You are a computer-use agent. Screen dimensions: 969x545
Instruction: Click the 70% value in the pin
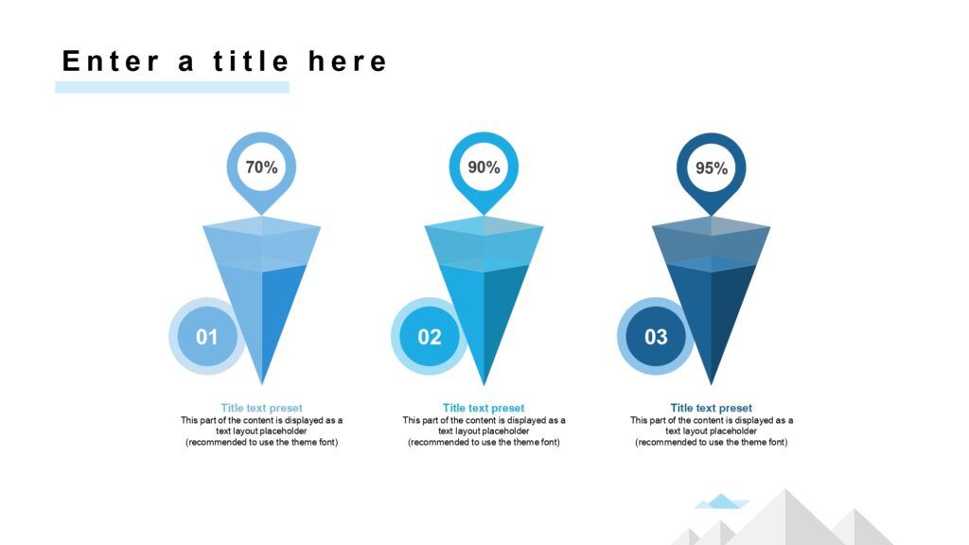point(261,167)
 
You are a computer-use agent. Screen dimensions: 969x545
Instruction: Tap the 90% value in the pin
point(484,167)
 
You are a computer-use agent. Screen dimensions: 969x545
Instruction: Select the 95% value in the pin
point(712,168)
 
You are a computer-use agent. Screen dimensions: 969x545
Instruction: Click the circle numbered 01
point(207,336)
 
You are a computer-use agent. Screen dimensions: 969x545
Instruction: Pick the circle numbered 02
point(430,336)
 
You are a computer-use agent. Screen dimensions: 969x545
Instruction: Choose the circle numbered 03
point(656,336)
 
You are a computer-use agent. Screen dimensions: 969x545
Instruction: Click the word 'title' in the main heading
point(251,62)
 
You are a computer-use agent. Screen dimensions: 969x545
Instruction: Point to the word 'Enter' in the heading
point(112,62)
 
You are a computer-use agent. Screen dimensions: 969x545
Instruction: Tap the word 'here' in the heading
point(347,62)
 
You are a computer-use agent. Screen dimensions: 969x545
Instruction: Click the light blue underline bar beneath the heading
point(172,87)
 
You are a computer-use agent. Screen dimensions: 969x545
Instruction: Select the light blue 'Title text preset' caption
point(261,408)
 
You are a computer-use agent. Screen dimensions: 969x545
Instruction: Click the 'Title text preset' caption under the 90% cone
point(484,408)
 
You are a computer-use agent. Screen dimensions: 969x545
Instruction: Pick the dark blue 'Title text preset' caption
point(712,408)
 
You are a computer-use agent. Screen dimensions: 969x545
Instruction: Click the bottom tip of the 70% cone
point(262,384)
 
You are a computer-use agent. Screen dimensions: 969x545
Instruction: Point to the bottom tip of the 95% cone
point(712,384)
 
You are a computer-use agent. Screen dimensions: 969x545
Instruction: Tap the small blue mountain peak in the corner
point(721,501)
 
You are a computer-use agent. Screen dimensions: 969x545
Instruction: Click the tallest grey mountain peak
point(786,490)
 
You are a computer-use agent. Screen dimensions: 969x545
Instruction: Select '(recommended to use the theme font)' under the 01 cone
point(261,443)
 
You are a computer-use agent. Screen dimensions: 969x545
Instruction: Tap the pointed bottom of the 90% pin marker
point(484,215)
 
